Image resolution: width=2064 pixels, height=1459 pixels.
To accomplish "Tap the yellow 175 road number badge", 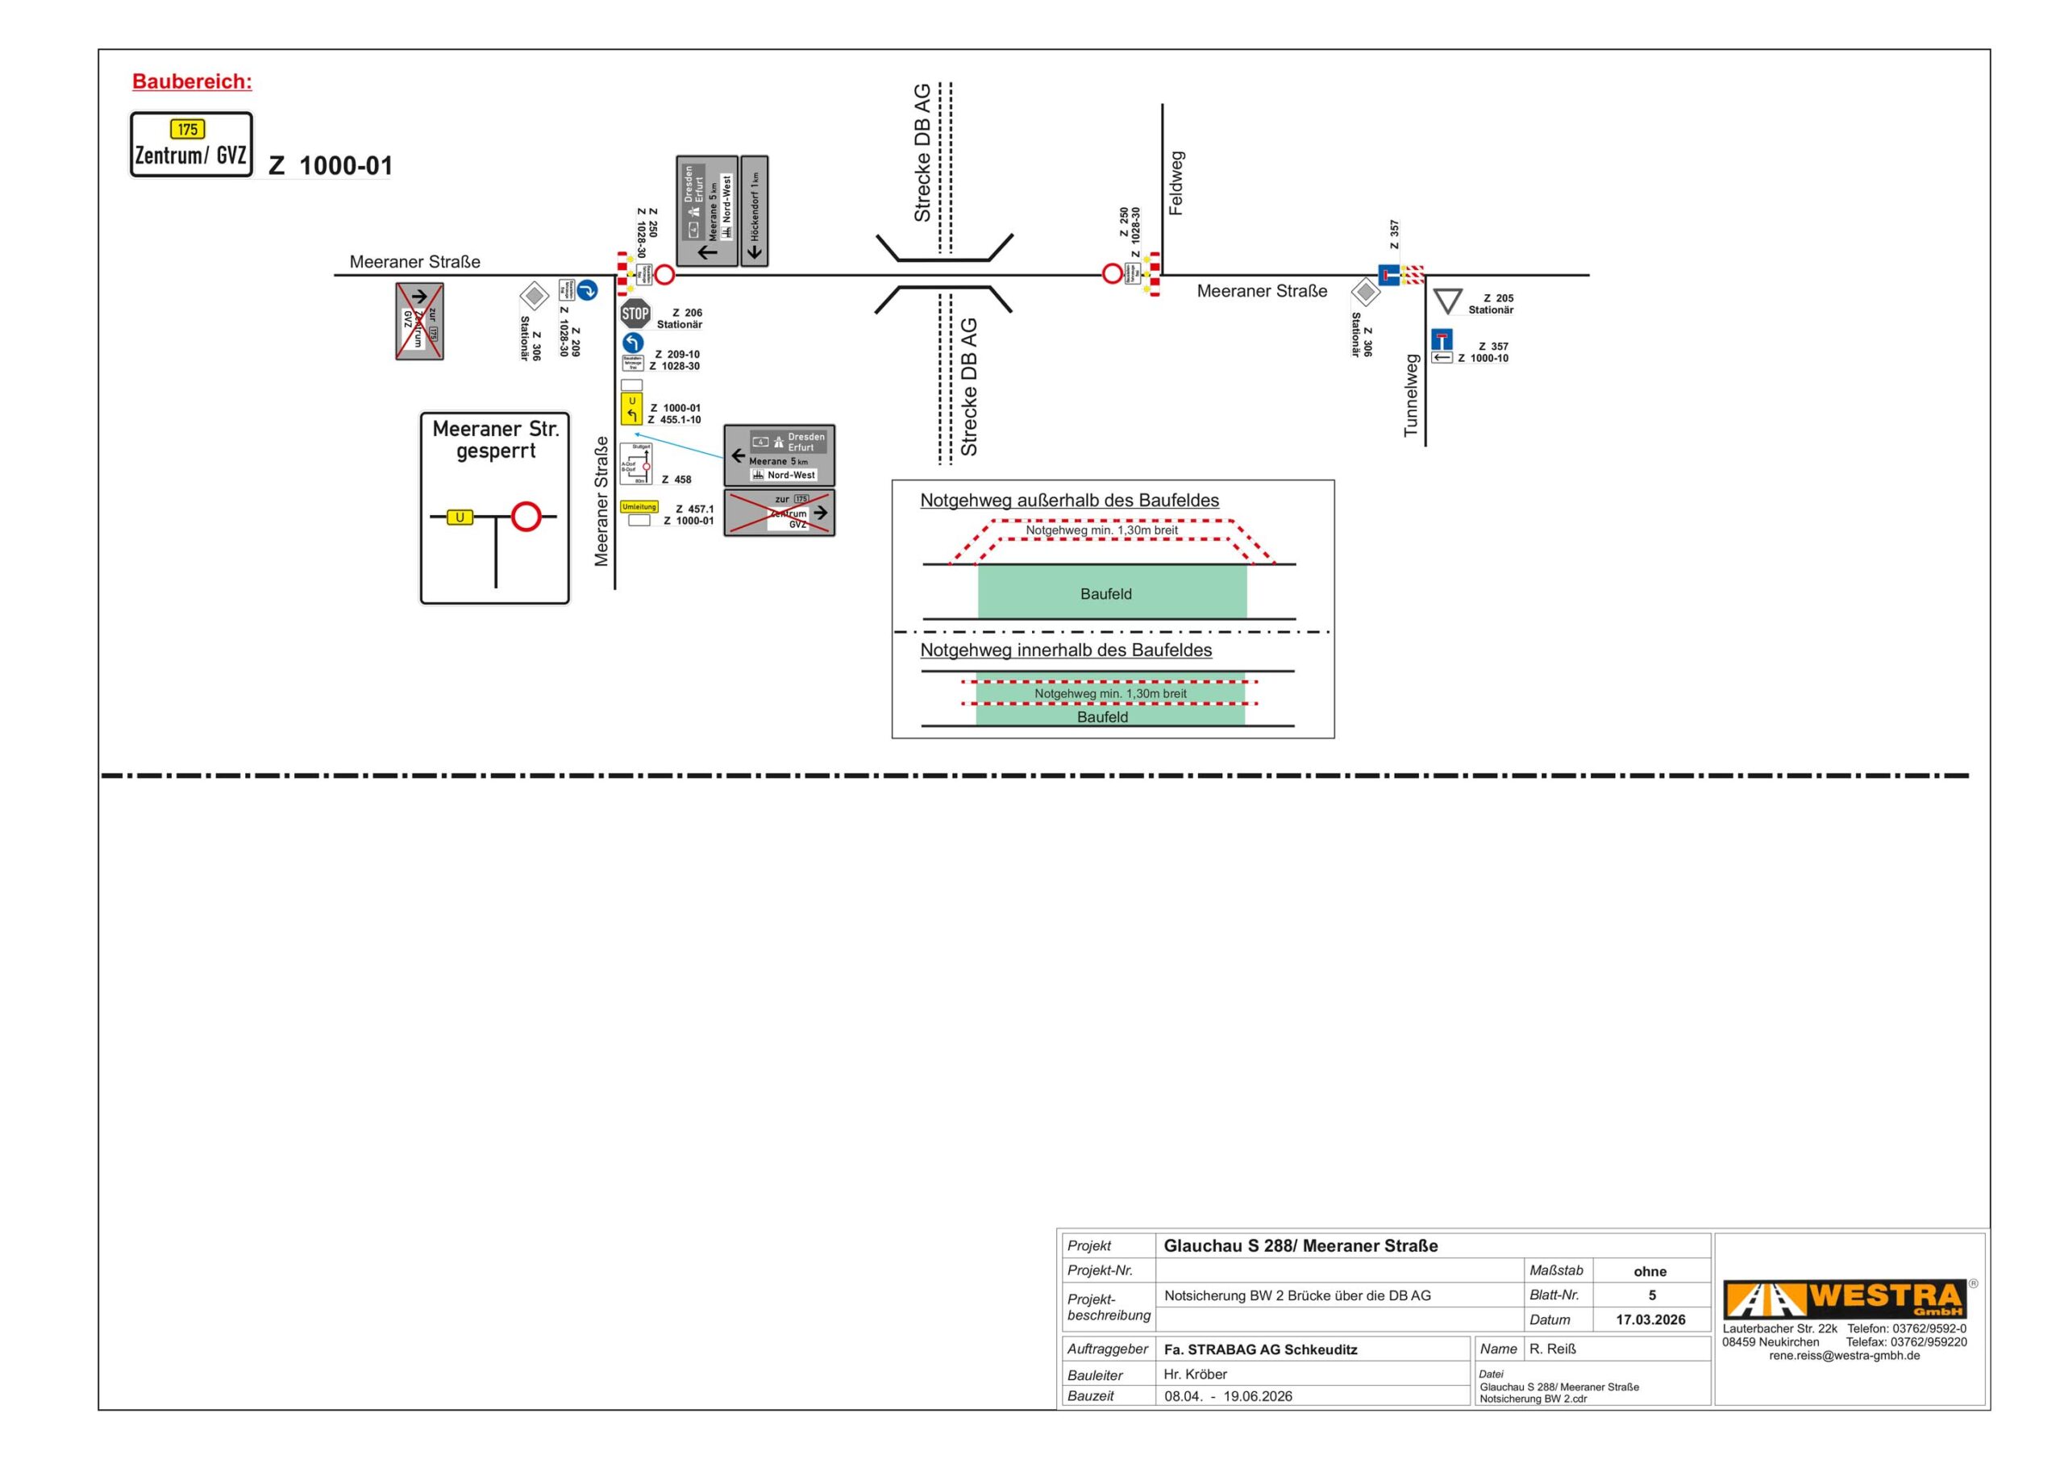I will point(187,130).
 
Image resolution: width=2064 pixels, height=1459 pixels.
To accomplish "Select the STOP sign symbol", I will point(635,314).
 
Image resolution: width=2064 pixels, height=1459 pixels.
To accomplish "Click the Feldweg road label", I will point(1176,184).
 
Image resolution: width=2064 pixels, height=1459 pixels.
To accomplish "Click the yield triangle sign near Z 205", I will point(1447,300).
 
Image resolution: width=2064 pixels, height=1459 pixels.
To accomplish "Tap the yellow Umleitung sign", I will point(639,507).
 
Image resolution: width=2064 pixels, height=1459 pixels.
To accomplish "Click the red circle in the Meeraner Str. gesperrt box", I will point(526,517).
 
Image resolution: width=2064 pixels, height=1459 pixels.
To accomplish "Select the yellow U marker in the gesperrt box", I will point(460,517).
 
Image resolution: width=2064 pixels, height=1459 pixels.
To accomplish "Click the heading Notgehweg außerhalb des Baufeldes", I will point(1069,501).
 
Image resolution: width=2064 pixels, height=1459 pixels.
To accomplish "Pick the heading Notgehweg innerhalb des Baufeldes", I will point(1065,650).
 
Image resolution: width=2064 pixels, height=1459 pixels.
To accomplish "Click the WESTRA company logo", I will point(1845,1299).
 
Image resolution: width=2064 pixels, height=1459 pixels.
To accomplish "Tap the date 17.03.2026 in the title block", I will point(1650,1320).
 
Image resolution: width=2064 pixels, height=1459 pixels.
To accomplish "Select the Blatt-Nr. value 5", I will point(1651,1295).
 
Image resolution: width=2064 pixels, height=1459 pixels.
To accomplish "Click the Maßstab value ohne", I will point(1650,1271).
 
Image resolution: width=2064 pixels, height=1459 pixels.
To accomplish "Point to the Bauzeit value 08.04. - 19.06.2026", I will point(1228,1396).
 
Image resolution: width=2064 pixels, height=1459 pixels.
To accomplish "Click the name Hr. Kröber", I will point(1195,1374).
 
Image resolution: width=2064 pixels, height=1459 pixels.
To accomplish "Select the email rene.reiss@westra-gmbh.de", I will point(1844,1356).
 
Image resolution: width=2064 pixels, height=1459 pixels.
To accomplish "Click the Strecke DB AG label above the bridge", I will point(922,153).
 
